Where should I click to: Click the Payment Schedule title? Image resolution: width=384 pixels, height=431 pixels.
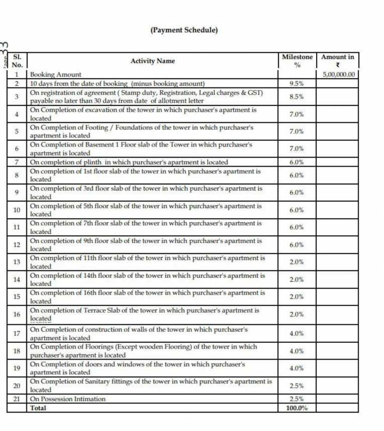[184, 30]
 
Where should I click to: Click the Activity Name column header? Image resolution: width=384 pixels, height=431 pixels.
[152, 61]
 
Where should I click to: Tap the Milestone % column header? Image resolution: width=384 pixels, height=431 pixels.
[297, 61]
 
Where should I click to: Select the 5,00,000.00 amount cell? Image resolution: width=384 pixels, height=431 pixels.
[339, 74]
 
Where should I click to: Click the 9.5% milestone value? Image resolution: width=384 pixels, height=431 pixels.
[297, 84]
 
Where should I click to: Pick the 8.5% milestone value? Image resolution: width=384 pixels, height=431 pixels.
[297, 97]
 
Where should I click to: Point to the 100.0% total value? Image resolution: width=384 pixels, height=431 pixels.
[297, 408]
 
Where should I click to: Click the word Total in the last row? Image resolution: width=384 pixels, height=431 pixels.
[39, 408]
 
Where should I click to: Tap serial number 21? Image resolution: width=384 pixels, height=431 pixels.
[17, 399]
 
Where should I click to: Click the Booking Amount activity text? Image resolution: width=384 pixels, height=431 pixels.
[55, 74]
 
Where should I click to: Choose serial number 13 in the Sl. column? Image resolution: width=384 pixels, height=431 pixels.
[17, 262]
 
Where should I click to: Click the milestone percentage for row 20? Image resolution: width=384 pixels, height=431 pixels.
[297, 386]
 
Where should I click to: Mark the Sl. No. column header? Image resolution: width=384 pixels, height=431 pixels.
[17, 61]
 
